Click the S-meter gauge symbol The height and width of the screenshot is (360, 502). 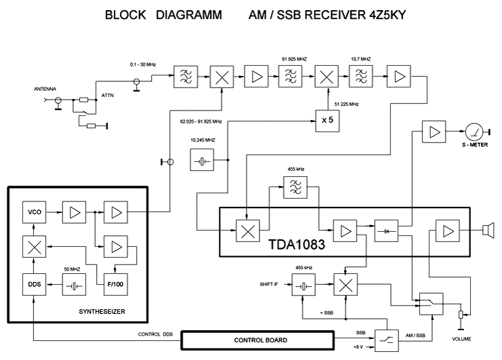[472, 132]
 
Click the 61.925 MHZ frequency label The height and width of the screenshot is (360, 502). [293, 60]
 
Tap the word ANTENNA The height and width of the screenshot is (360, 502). [47, 89]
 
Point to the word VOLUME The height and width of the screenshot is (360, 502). [461, 338]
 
